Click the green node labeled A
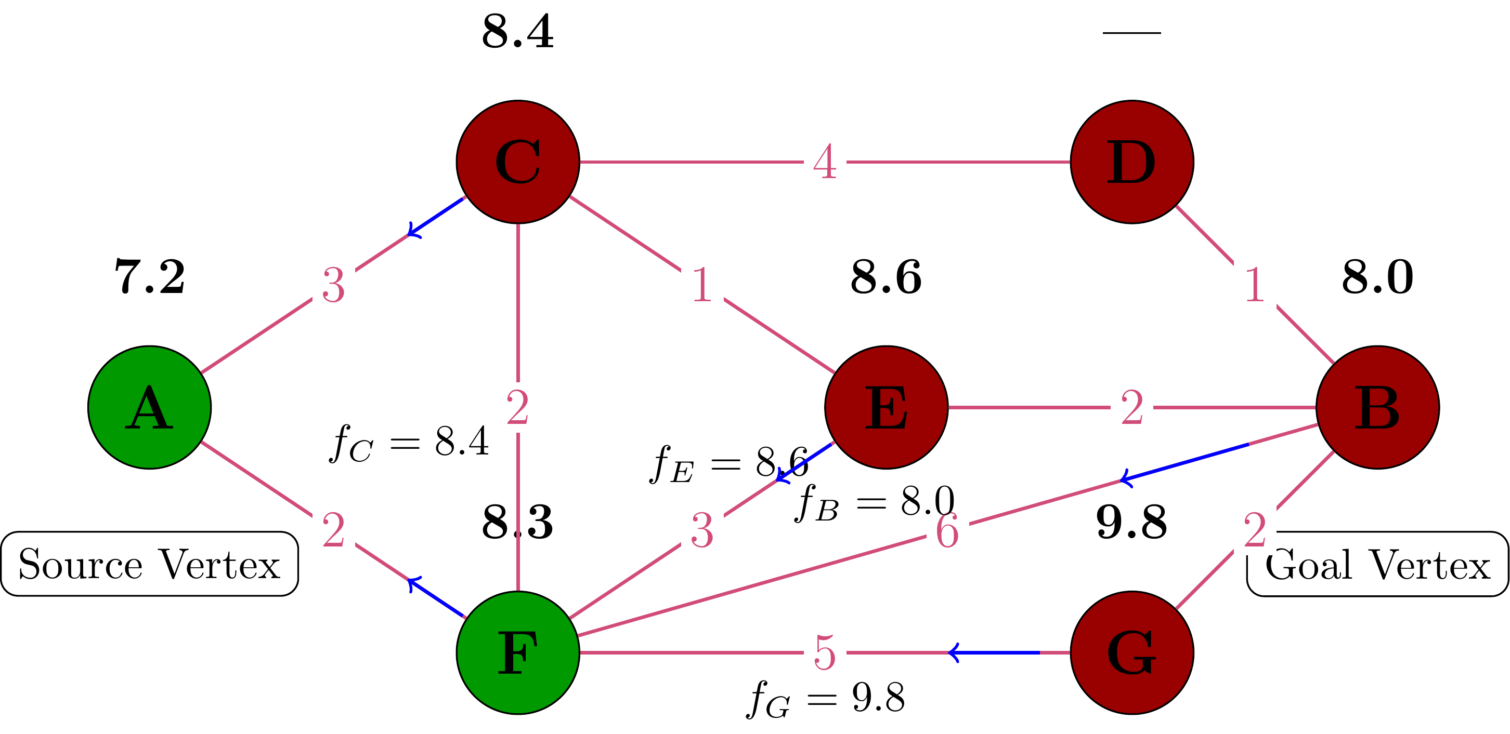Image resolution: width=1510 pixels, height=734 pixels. [149, 408]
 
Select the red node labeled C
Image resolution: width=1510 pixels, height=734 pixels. [518, 162]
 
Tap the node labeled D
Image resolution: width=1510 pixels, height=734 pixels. [1132, 162]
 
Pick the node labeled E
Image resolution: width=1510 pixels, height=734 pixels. [887, 408]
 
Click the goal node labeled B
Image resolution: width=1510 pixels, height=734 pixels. [1377, 408]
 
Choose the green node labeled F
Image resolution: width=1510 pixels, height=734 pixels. [518, 652]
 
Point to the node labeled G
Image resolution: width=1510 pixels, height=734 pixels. [1132, 652]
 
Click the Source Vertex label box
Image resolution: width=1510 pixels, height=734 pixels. [149, 564]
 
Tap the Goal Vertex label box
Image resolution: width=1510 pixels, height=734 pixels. [1377, 564]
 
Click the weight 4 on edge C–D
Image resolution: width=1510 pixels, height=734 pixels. [825, 162]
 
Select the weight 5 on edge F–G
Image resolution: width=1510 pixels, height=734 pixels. [825, 652]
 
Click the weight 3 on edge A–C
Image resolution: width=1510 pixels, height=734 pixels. [333, 285]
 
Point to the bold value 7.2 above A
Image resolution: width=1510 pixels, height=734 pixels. [149, 276]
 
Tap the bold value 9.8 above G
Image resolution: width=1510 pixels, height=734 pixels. [1132, 522]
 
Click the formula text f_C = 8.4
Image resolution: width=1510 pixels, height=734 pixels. [409, 444]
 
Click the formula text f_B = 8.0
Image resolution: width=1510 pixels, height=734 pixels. [875, 503]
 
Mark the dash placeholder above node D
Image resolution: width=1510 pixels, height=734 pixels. [1132, 33]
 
